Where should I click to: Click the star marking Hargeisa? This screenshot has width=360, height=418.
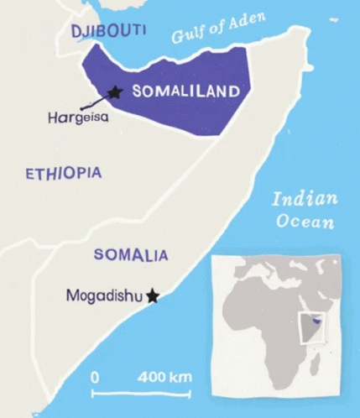[x=116, y=91]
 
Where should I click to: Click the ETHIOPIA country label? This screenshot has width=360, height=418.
[x=63, y=174]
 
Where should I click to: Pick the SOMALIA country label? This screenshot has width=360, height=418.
[x=130, y=254]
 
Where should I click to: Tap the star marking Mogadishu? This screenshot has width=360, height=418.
[x=153, y=295]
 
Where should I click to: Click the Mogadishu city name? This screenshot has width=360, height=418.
[x=103, y=295]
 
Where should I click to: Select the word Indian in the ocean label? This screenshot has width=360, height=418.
[x=304, y=200]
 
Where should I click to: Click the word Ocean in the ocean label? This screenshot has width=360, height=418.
[x=305, y=222]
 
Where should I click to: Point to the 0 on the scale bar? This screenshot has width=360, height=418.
[x=95, y=375]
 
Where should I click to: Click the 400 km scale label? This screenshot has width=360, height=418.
[x=164, y=375]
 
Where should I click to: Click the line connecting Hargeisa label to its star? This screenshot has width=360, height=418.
[x=95, y=103]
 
